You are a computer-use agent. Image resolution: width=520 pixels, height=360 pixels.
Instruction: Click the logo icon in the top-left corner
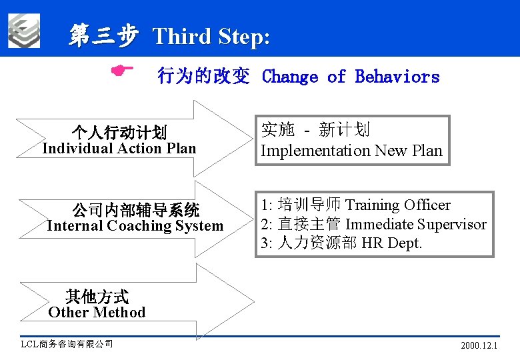[24, 31]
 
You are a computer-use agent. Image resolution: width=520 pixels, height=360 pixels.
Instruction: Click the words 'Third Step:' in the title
[211, 37]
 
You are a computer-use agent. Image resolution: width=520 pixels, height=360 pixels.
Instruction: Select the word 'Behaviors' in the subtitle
[397, 77]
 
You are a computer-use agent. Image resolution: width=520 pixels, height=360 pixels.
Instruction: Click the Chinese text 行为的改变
[203, 77]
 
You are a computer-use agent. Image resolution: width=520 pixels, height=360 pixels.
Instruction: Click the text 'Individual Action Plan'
[119, 148]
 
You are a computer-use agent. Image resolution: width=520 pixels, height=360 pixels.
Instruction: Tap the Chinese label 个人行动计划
[119, 133]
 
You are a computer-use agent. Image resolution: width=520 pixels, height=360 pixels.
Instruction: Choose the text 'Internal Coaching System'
[135, 225]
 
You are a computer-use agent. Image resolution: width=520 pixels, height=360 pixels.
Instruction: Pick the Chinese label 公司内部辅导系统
[136, 211]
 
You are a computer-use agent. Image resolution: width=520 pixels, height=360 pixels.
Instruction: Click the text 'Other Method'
[97, 312]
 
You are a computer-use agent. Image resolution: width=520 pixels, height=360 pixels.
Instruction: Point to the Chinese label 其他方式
[97, 297]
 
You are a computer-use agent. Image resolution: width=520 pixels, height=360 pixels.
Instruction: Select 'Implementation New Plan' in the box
[351, 151]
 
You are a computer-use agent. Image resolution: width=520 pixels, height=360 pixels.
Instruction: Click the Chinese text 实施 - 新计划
[315, 130]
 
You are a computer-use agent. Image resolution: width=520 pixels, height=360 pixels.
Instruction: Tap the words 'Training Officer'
[397, 205]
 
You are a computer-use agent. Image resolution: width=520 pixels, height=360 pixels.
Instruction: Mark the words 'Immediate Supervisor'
[415, 224]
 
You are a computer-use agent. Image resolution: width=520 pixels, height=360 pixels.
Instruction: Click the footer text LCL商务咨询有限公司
[67, 344]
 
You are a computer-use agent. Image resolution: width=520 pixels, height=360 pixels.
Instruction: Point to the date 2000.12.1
[479, 346]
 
